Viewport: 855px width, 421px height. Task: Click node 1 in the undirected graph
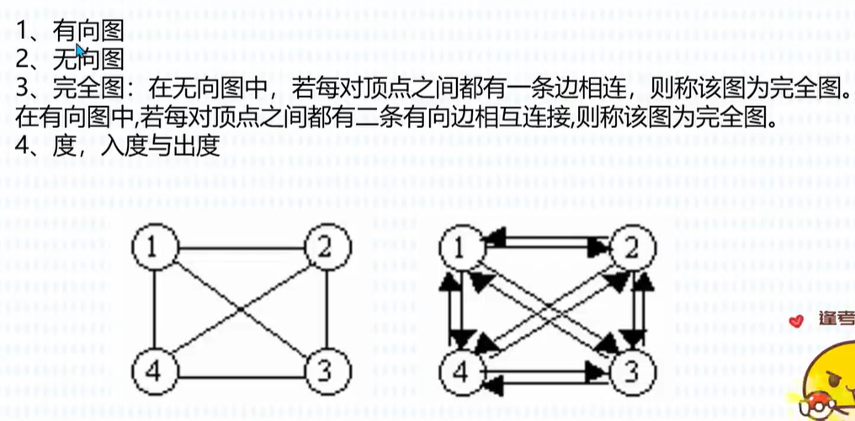coord(153,247)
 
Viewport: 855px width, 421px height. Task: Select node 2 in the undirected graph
coord(325,247)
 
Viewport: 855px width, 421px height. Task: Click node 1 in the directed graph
coord(460,247)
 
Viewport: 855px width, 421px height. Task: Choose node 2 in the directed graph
coord(632,247)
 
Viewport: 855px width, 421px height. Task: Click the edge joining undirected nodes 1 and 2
coord(239,248)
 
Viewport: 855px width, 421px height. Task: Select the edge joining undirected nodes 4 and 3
coord(239,375)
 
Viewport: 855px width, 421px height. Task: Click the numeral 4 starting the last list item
coord(23,143)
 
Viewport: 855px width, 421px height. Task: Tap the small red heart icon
coord(797,321)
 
